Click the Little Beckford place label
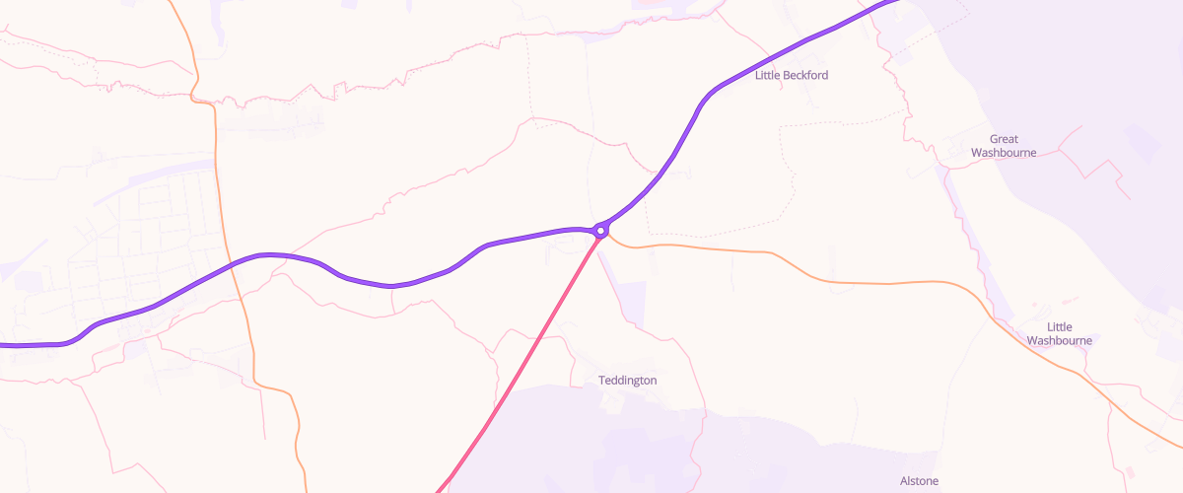(791, 76)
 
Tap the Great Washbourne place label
(1004, 146)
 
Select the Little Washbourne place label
(1059, 333)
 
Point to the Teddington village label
(627, 381)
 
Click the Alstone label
(919, 481)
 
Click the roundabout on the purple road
(600, 231)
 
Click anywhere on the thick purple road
(394, 285)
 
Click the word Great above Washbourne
(1004, 139)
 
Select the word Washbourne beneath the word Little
(1059, 340)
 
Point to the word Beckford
(805, 76)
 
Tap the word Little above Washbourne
(1059, 326)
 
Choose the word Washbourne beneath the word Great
(1004, 153)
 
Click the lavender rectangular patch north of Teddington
(631, 304)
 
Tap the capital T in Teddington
(602, 381)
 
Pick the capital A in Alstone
(904, 481)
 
